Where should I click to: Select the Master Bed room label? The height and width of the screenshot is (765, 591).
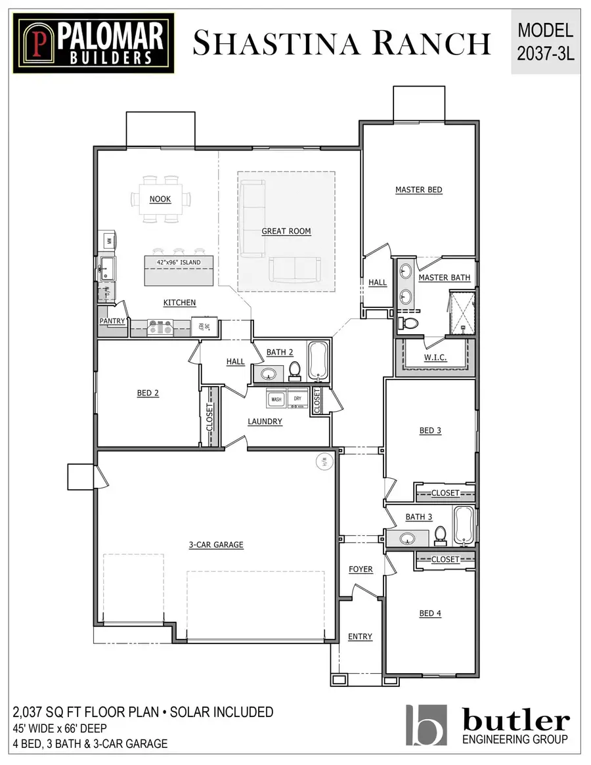tap(418, 190)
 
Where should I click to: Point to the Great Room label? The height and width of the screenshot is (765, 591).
tap(286, 231)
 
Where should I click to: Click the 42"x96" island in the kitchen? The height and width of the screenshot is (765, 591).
tap(179, 271)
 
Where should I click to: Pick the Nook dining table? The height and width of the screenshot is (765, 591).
tap(160, 199)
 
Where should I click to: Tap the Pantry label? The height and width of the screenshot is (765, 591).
tap(112, 321)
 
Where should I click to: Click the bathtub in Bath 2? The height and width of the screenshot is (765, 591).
tap(320, 361)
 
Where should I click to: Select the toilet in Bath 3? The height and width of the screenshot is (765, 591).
tap(441, 536)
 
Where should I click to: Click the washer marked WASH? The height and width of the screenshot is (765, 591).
tap(276, 399)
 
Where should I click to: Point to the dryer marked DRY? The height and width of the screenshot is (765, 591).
tap(297, 399)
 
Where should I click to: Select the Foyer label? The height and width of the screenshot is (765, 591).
tap(361, 569)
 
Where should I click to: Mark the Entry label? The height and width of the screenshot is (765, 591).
tap(360, 636)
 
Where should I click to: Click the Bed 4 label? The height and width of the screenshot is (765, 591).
tap(430, 613)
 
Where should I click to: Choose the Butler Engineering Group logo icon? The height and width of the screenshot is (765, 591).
tap(427, 725)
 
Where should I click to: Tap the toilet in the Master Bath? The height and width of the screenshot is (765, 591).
tap(410, 323)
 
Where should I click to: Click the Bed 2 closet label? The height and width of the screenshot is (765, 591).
tap(210, 416)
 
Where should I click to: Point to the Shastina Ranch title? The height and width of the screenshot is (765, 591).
tap(341, 43)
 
